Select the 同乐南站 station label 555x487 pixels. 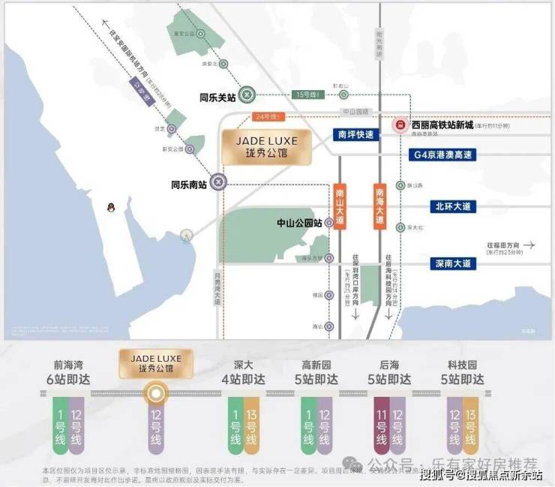190,182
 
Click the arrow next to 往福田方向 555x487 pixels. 530,245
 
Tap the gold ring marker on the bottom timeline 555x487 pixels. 156,392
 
